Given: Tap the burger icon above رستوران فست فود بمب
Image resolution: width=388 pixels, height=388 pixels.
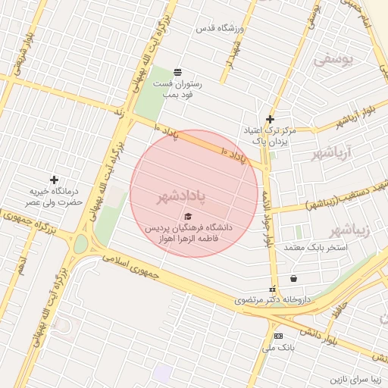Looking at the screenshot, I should [x=177, y=72].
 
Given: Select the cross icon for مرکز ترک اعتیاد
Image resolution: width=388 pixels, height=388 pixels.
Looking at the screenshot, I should [x=270, y=119].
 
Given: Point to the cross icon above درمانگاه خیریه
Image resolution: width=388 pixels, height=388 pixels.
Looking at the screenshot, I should [x=54, y=180].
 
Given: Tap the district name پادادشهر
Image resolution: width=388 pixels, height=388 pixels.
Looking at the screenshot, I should [x=182, y=198].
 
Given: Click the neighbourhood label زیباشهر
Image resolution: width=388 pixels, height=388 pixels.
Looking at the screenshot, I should [x=352, y=230].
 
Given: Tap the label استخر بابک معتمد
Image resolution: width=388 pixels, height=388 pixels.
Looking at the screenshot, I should [x=316, y=248].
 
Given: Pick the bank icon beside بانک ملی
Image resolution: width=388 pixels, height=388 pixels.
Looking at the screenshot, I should [x=279, y=336].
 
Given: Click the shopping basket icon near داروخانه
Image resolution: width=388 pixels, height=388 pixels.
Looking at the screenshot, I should [x=293, y=278].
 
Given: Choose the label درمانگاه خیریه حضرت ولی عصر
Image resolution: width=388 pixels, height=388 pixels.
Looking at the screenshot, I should [x=54, y=198].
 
